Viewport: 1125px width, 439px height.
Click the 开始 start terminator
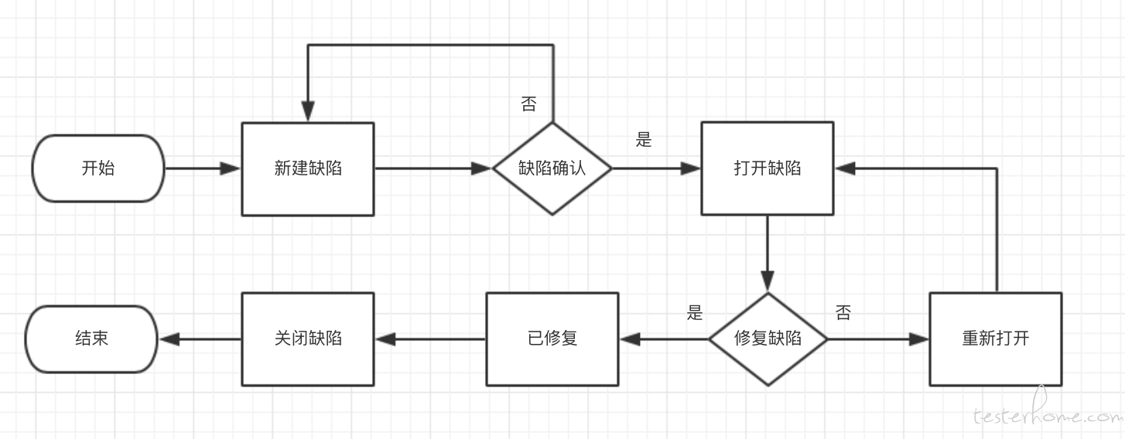[98, 168]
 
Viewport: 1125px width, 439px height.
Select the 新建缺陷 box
[308, 169]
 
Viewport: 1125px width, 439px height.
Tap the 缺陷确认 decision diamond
[552, 168]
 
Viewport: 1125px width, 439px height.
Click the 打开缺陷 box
[768, 168]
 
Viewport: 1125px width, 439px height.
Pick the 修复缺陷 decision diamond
[768, 339]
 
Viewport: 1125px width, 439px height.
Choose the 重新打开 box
[996, 339]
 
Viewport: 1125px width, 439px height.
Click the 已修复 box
[552, 339]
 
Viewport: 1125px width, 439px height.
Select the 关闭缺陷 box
[308, 339]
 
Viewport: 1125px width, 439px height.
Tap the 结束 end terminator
[91, 339]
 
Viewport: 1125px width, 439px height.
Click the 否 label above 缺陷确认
[529, 104]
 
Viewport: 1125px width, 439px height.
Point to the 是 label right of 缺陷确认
[644, 139]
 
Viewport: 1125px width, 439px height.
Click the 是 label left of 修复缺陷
[695, 312]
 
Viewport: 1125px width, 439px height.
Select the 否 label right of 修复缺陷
[843, 312]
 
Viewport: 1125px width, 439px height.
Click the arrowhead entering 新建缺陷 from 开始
[231, 168]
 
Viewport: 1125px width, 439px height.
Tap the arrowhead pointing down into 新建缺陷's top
[308, 111]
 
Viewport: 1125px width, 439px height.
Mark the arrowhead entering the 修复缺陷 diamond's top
[768, 281]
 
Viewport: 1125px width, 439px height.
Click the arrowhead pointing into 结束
[169, 339]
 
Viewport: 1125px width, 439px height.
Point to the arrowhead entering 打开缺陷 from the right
[845, 168]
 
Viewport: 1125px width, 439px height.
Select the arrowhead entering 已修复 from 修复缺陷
[630, 339]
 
